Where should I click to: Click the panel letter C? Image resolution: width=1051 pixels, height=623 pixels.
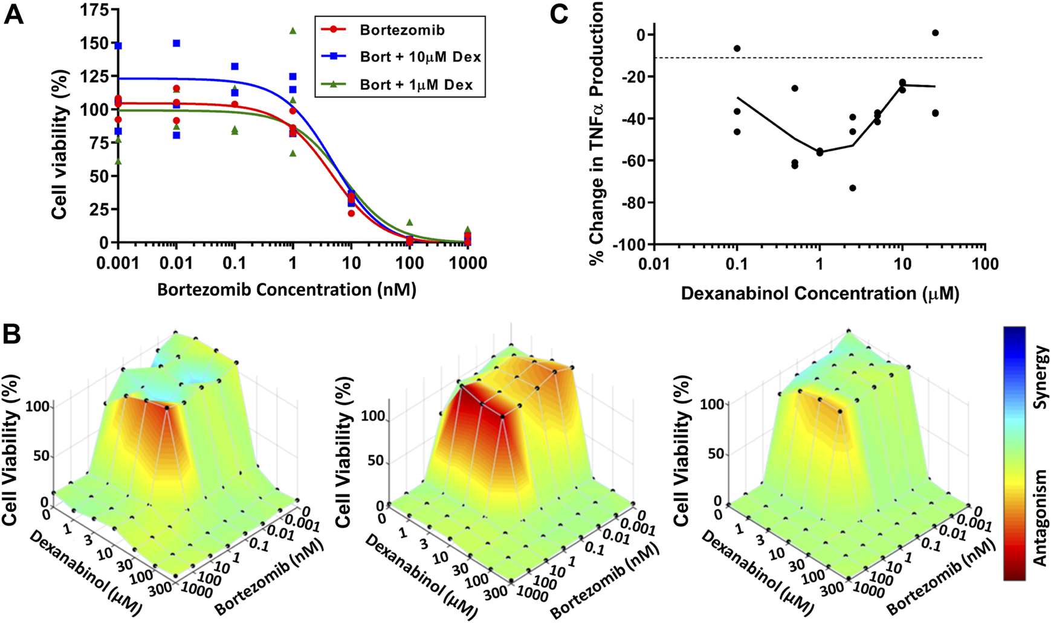(558, 13)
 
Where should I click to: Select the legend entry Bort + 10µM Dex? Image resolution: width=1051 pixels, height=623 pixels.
(420, 57)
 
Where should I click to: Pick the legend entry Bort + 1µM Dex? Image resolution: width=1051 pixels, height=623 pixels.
(416, 85)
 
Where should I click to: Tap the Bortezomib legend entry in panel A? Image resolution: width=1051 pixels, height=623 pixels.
(402, 30)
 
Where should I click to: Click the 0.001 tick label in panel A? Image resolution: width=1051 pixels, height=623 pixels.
(118, 264)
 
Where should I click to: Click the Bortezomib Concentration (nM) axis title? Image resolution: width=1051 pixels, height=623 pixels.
(286, 290)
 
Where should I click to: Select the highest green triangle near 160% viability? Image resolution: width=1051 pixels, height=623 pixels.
(293, 30)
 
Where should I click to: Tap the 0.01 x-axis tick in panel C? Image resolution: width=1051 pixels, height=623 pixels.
(655, 264)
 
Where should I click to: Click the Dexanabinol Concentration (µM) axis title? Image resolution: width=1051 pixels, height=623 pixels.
(820, 294)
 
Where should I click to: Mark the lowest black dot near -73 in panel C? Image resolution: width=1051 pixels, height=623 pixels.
(853, 188)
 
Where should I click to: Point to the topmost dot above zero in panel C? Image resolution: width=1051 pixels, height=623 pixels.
(935, 33)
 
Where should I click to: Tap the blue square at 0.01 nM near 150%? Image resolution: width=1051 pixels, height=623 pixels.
(176, 44)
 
